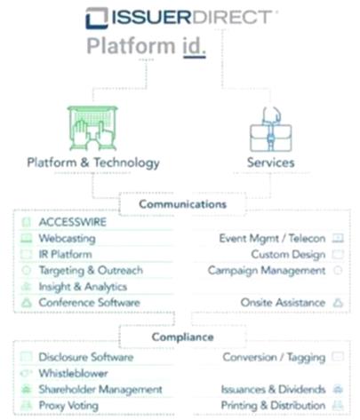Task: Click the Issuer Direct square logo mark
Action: click(97, 18)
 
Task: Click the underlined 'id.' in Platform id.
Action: click(194, 47)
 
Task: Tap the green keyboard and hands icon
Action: click(92, 129)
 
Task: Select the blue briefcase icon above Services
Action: click(271, 130)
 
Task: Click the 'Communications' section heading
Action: click(183, 204)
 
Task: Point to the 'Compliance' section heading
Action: click(183, 337)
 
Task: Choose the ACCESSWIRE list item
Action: click(73, 222)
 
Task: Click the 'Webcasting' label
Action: click(68, 239)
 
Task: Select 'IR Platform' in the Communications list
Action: click(66, 254)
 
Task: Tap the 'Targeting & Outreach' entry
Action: click(91, 271)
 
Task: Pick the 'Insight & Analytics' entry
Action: click(83, 287)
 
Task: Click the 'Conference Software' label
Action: click(89, 303)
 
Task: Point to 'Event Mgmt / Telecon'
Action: click(272, 239)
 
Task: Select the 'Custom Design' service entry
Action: click(288, 255)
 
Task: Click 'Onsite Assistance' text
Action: click(283, 303)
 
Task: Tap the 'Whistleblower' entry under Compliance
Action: click(73, 373)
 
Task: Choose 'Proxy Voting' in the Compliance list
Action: click(68, 406)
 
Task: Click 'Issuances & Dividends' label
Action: click(273, 389)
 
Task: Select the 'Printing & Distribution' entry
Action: click(273, 406)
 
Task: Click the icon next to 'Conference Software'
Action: click(27, 303)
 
